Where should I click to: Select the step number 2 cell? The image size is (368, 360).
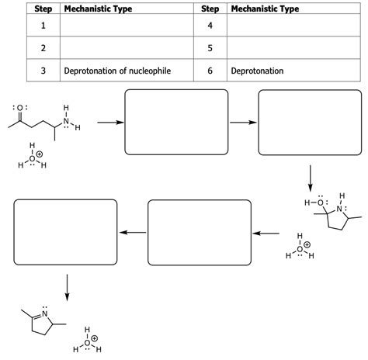click(43, 48)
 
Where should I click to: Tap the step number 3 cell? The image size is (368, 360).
click(43, 71)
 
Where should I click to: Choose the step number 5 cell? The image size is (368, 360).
click(210, 48)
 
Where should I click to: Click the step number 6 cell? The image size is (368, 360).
click(210, 71)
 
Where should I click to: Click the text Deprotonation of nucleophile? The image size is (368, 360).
click(117, 71)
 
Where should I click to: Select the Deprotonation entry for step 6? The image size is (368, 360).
click(257, 71)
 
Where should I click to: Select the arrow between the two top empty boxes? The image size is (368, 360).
click(243, 123)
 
